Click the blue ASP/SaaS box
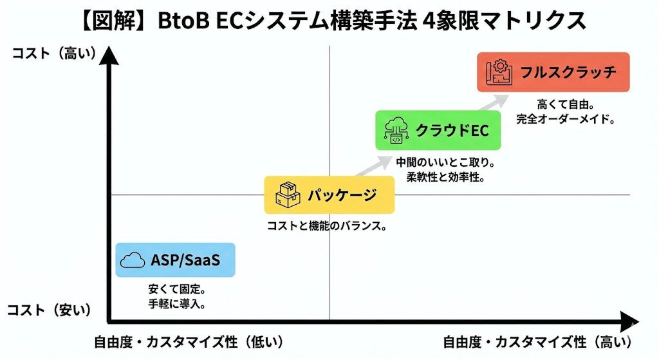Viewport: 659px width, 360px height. coord(175,260)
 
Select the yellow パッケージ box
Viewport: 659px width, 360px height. coord(329,194)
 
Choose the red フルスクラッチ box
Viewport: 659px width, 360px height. coord(553,72)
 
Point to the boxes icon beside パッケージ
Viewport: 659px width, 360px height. coord(288,194)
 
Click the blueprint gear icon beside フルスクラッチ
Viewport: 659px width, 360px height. coord(499,72)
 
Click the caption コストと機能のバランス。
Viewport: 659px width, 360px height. coord(326,226)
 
